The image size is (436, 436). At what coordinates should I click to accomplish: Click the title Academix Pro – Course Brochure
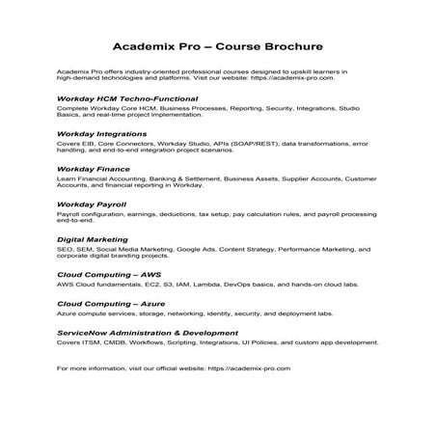217,45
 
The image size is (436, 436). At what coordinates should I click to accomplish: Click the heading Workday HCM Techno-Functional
127,98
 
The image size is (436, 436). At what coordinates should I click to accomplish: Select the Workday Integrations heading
104,133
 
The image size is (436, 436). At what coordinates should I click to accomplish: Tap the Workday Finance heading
95,169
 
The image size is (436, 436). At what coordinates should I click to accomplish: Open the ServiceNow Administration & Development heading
148,329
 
